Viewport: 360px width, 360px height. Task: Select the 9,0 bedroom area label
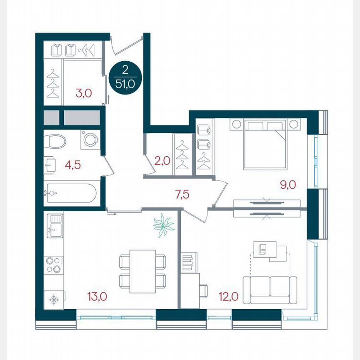point(287,184)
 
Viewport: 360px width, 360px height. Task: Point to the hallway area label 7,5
point(182,194)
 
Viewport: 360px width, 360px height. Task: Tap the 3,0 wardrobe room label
point(83,93)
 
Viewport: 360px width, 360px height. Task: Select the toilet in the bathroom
point(56,141)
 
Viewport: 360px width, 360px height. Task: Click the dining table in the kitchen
point(142,271)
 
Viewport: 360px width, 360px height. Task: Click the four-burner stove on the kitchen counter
point(54,265)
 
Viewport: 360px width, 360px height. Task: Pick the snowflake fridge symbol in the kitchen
point(53,300)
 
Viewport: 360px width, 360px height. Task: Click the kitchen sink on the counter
point(55,225)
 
